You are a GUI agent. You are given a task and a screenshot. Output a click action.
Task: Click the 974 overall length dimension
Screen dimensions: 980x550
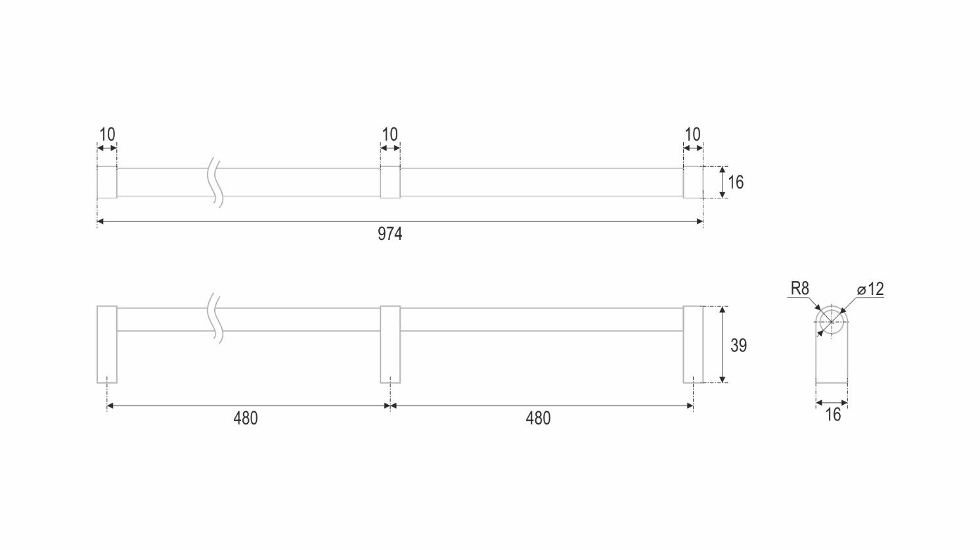(390, 234)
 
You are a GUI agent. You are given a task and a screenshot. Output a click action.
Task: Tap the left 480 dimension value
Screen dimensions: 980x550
(246, 419)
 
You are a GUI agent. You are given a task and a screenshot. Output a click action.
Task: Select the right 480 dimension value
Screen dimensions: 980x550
(538, 419)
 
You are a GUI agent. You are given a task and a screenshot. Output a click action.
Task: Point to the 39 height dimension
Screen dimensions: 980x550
(738, 346)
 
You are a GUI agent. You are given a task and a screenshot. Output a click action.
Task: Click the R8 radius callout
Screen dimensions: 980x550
(800, 288)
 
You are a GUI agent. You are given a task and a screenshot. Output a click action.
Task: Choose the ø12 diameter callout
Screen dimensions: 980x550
(870, 288)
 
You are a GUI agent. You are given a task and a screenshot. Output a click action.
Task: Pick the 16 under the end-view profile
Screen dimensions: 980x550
(833, 415)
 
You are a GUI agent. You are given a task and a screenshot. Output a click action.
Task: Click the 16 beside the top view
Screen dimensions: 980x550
(736, 182)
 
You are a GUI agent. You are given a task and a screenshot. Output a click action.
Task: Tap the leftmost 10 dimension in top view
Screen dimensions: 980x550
(107, 134)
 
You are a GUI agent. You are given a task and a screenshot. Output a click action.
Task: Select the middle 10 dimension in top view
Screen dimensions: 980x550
(390, 134)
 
